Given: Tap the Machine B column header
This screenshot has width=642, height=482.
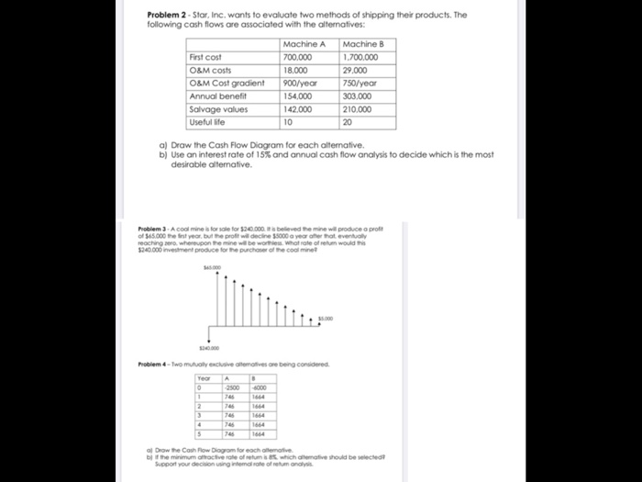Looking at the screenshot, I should point(361,44).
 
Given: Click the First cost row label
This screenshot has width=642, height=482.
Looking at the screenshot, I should point(205,57).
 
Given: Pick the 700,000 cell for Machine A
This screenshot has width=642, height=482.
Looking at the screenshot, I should point(299,57).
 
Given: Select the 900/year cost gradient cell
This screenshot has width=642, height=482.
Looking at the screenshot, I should point(301,83).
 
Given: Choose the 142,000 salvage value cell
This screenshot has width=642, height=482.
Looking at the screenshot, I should point(299,108).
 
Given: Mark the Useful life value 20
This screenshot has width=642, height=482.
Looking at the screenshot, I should point(347,121).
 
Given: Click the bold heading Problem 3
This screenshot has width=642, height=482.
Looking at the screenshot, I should point(154,227).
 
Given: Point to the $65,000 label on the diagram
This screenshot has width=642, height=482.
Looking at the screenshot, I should point(213,267).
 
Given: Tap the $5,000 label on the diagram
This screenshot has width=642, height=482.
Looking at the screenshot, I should point(326,319).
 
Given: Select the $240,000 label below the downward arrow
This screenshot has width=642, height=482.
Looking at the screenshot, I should point(212,348).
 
